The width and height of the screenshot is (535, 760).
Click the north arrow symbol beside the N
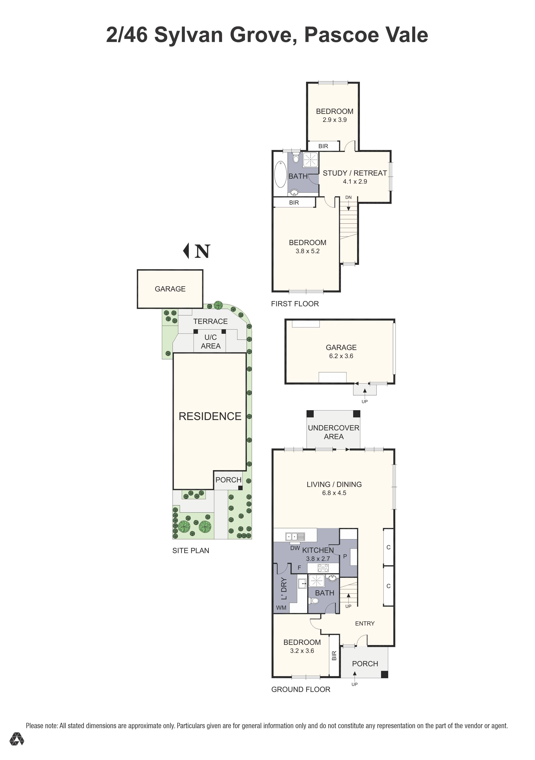pyautogui.click(x=186, y=251)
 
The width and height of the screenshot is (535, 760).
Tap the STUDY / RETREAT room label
pyautogui.click(x=355, y=173)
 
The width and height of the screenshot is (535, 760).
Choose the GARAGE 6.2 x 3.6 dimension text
pyautogui.click(x=341, y=356)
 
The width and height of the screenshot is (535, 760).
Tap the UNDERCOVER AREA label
pyautogui.click(x=333, y=432)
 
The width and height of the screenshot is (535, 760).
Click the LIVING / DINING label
pyautogui.click(x=334, y=484)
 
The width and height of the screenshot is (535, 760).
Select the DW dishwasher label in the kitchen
pyautogui.click(x=295, y=548)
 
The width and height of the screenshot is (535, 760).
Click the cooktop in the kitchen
pyautogui.click(x=323, y=568)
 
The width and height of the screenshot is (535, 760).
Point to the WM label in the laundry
pyautogui.click(x=281, y=608)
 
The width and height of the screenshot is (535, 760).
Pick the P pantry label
pyautogui.click(x=345, y=557)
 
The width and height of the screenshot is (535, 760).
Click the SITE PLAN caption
pyautogui.click(x=191, y=550)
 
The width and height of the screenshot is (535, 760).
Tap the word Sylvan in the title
pyautogui.click(x=188, y=35)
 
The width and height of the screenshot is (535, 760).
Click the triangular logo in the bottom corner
pyautogui.click(x=16, y=748)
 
